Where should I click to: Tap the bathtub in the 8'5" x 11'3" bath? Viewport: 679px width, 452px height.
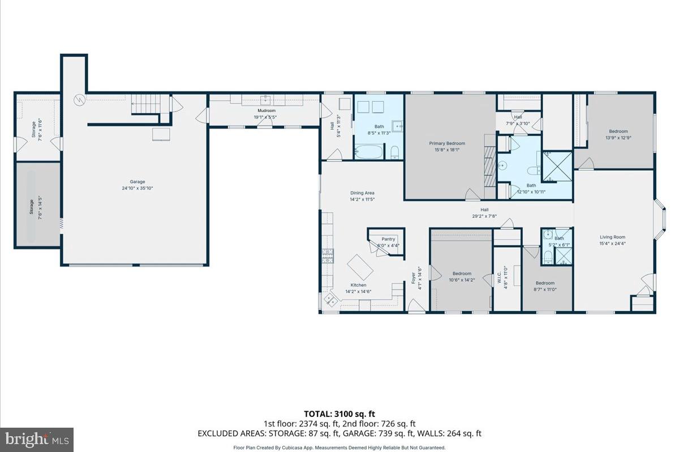pyautogui.click(x=368, y=152)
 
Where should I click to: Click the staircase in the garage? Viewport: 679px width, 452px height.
pyautogui.click(x=151, y=105)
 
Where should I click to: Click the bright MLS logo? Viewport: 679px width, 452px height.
pyautogui.click(x=37, y=439)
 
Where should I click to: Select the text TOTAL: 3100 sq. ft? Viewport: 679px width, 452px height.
pyautogui.click(x=339, y=414)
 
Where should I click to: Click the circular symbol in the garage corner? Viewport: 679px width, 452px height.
pyautogui.click(x=79, y=100)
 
